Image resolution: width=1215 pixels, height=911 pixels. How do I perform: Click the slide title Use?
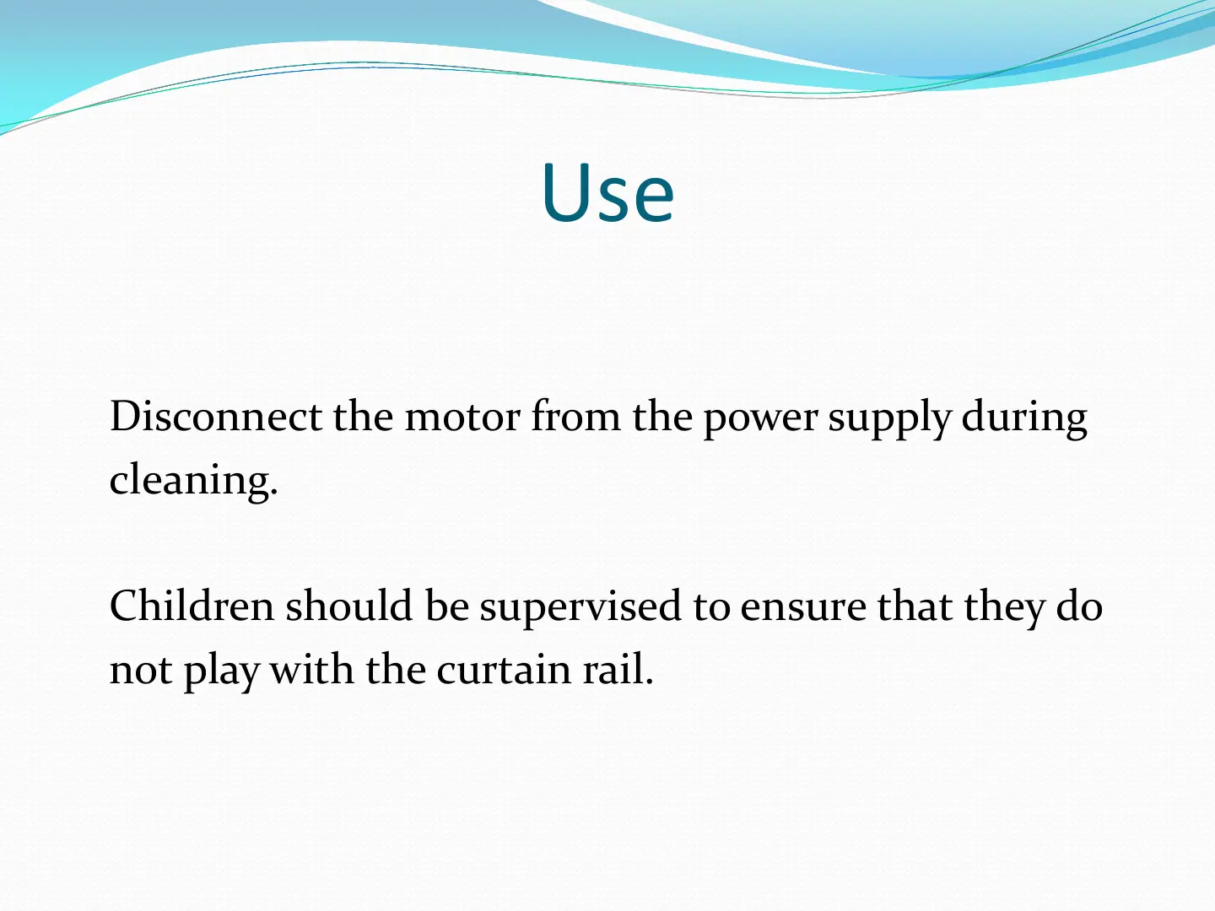point(607,192)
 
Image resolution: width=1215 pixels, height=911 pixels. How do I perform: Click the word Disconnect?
point(216,415)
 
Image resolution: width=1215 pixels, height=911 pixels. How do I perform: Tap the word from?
point(575,415)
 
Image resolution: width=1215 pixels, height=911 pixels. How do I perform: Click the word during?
point(1024,419)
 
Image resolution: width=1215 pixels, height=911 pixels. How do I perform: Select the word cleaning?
point(194,480)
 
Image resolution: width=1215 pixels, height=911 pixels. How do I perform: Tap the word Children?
point(192,606)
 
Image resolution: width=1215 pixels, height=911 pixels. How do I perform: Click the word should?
point(349,606)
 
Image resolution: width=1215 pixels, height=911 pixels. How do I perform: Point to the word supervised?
point(580,609)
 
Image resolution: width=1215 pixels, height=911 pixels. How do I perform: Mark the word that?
point(915,606)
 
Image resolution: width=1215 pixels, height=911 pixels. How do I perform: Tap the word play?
point(221,671)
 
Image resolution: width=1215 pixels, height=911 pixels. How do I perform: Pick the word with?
point(311,668)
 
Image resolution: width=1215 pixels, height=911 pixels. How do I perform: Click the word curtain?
point(504,669)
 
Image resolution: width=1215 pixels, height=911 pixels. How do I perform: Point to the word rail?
point(618,668)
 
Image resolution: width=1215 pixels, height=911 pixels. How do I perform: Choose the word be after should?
point(446,606)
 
